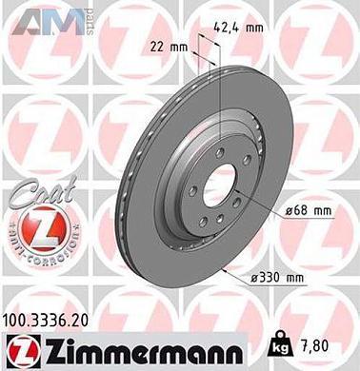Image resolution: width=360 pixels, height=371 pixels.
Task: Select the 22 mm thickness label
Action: point(167,46)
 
